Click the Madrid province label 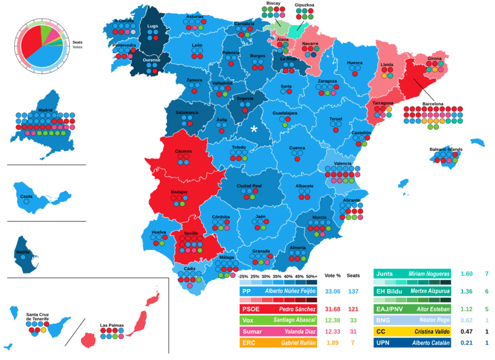point(45,110)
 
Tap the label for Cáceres point(183,151)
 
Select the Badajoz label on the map point(179,192)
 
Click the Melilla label point(23,252)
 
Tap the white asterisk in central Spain point(254,129)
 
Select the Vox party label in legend point(249,320)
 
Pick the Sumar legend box point(251,331)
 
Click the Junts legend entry point(384,274)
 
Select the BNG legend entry point(383,319)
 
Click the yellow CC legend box point(381,331)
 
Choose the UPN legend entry point(383,342)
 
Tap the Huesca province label point(355,63)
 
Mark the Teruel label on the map point(335,119)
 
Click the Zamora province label point(195,80)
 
